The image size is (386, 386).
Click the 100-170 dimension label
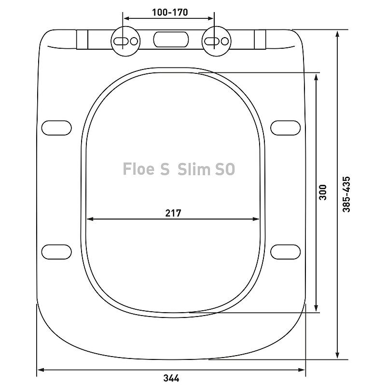click(x=170, y=13)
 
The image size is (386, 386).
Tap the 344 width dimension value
click(x=171, y=378)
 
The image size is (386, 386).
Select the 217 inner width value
click(x=173, y=213)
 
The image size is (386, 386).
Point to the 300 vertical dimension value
click(x=322, y=192)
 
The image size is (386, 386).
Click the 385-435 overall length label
click(x=346, y=194)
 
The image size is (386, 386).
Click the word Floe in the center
click(x=139, y=169)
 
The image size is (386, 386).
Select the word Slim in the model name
click(x=194, y=169)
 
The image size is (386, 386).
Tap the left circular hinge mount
click(x=125, y=41)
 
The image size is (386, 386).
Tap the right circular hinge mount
click(x=216, y=41)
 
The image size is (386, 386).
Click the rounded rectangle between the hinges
click(x=171, y=40)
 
